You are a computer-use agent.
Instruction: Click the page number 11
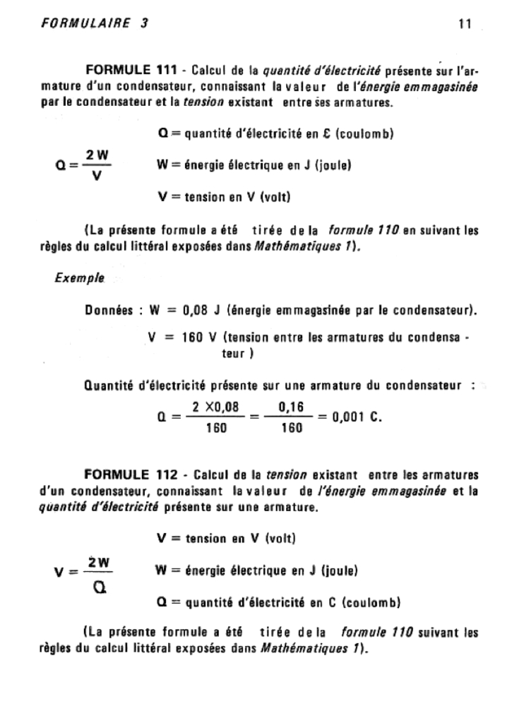click(x=464, y=24)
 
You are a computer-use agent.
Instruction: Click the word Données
click(x=109, y=309)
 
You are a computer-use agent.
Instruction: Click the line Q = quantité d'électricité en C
click(x=279, y=603)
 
